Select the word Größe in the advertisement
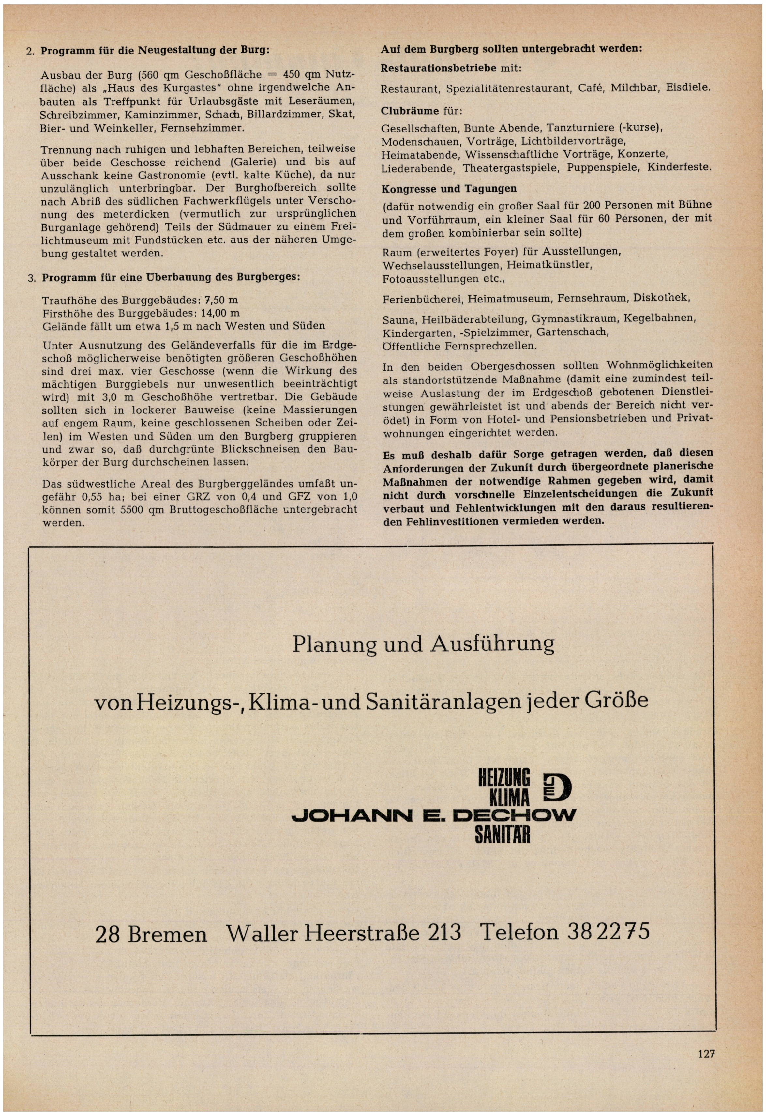[616, 701]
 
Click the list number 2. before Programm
[30, 51]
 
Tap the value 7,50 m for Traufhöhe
[221, 301]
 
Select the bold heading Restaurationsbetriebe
[438, 68]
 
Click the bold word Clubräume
[410, 111]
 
